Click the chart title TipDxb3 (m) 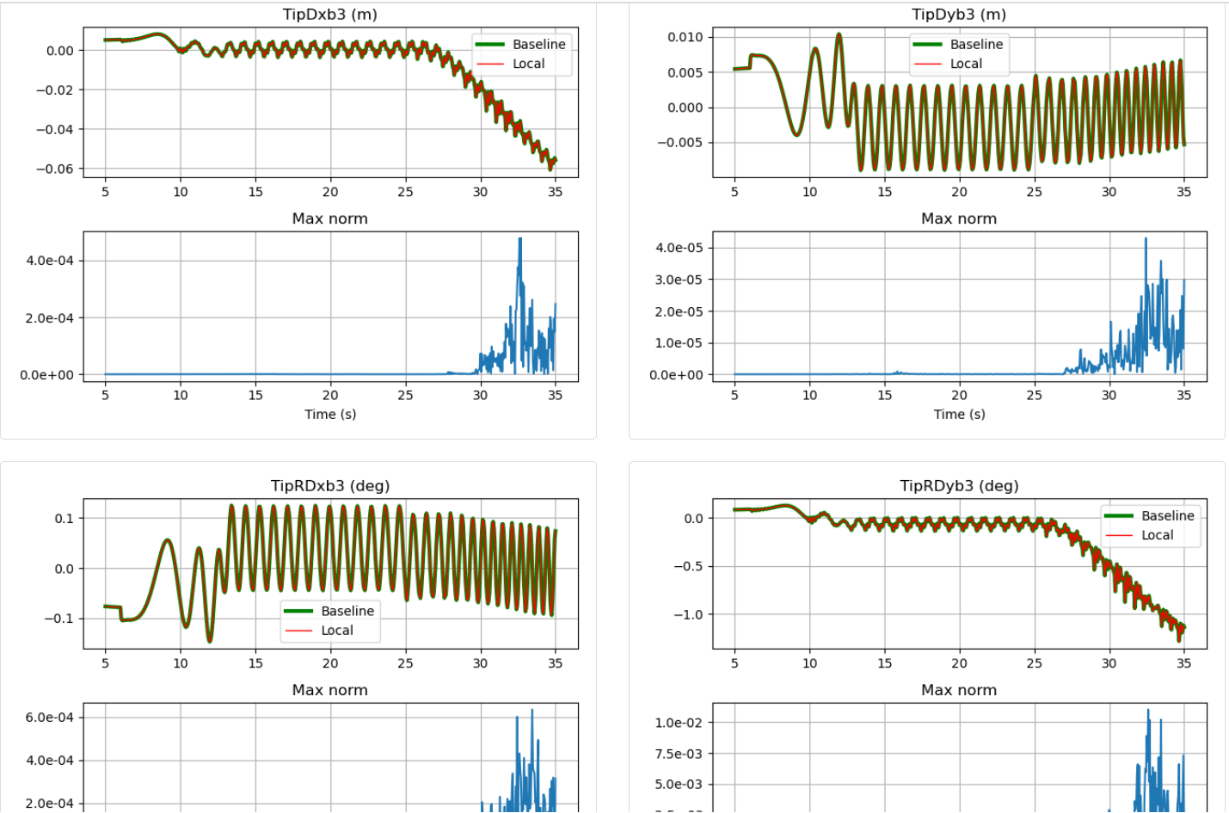pyautogui.click(x=329, y=15)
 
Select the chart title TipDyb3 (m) pyautogui.click(x=958, y=15)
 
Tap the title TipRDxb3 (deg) pyautogui.click(x=329, y=486)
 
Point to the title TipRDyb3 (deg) pyautogui.click(x=958, y=486)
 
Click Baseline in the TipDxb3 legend pyautogui.click(x=538, y=45)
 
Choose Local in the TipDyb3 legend pyautogui.click(x=966, y=64)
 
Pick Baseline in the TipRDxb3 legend pyautogui.click(x=347, y=611)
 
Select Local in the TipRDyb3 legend pyautogui.click(x=1157, y=535)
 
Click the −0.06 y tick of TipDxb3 pyautogui.click(x=54, y=169)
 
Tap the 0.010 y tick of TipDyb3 pyautogui.click(x=685, y=37)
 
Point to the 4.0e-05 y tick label pyautogui.click(x=679, y=248)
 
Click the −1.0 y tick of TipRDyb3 pyautogui.click(x=688, y=614)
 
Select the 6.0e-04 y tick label pyautogui.click(x=49, y=718)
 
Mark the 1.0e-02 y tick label pyautogui.click(x=679, y=723)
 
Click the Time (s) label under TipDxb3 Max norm pyautogui.click(x=329, y=415)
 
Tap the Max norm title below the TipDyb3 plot pyautogui.click(x=958, y=219)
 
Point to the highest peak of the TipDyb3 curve pyautogui.click(x=839, y=34)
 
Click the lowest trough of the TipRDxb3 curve pyautogui.click(x=209, y=641)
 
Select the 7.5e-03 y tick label pyautogui.click(x=679, y=754)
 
